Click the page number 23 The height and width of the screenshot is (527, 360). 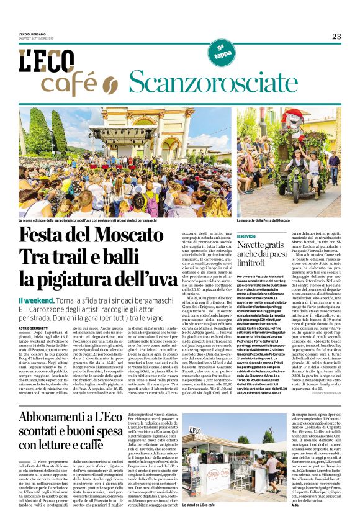click(x=336, y=37)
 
